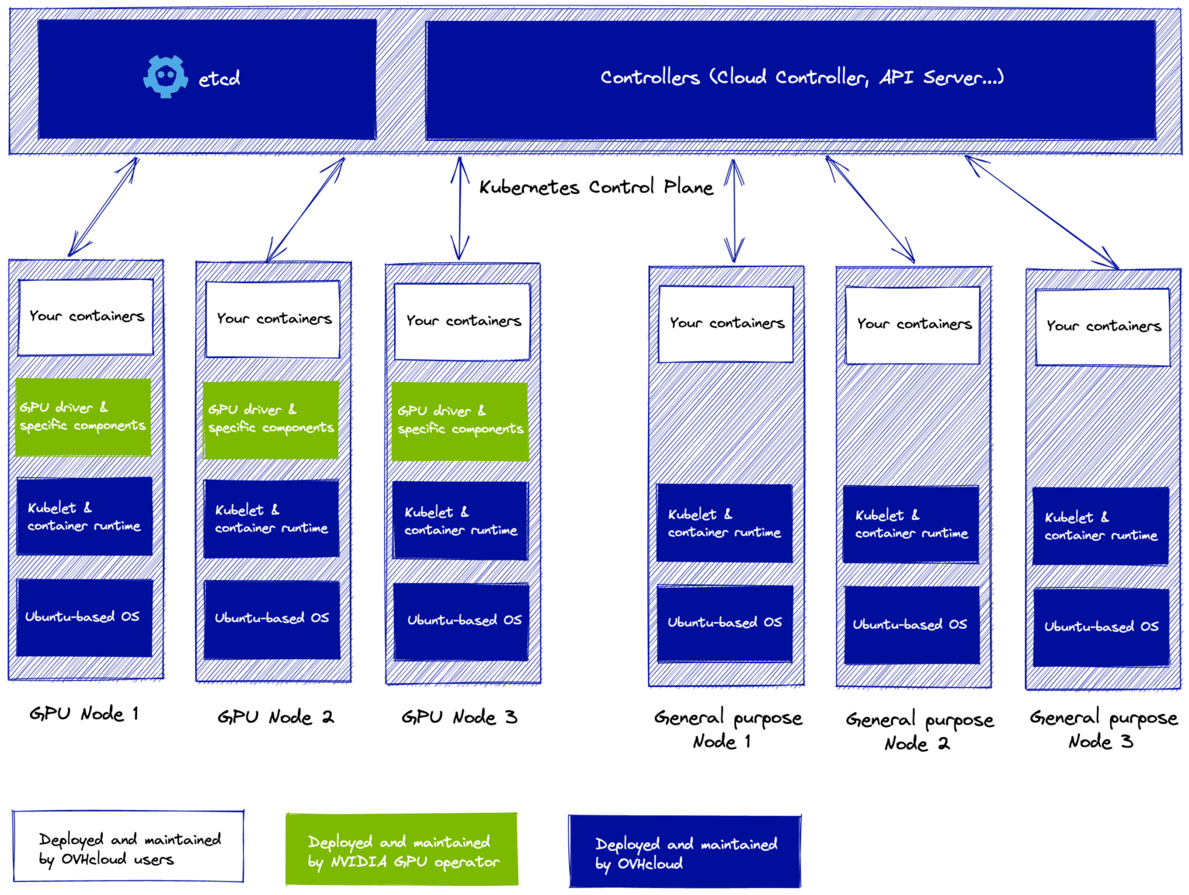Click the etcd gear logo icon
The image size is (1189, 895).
click(x=165, y=77)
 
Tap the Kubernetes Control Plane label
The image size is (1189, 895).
click(x=595, y=187)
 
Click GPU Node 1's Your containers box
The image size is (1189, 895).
click(x=86, y=317)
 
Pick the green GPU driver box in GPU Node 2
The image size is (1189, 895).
click(x=271, y=419)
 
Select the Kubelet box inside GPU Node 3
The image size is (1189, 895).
click(x=461, y=521)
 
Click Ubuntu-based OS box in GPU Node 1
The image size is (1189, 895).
click(x=84, y=617)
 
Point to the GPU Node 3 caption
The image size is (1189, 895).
click(x=459, y=717)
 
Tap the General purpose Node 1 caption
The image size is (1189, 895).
click(x=727, y=729)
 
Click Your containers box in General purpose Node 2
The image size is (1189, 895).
click(x=913, y=325)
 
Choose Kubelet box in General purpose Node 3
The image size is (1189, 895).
click(x=1100, y=526)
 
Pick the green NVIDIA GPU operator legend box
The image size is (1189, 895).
click(x=401, y=849)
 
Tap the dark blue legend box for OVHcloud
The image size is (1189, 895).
click(x=684, y=852)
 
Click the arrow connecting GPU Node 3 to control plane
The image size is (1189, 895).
click(x=461, y=209)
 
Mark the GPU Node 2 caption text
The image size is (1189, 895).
click(x=275, y=717)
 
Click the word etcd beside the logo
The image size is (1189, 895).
click(x=219, y=79)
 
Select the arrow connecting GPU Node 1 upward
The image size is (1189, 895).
click(x=103, y=207)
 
